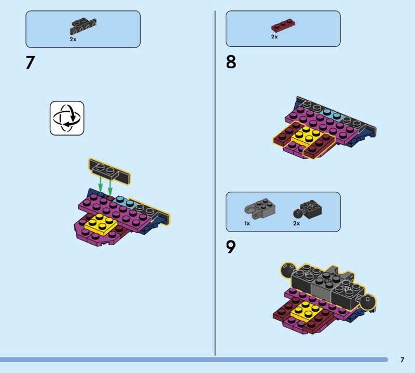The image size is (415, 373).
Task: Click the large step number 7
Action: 30,62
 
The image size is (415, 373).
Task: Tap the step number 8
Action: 231,62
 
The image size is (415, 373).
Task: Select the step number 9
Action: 230,247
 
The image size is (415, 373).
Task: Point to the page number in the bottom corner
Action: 403,359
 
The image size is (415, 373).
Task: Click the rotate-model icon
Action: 67,118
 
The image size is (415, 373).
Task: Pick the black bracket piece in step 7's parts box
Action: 83,26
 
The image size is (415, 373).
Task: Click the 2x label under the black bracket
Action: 73,39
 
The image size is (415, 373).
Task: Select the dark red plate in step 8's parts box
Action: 283,25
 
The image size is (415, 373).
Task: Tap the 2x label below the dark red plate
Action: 274,37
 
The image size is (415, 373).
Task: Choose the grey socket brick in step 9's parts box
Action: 260,209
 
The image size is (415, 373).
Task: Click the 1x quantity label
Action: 247,223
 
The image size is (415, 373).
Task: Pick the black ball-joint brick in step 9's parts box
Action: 308,209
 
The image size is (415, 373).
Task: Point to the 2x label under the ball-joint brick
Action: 296,223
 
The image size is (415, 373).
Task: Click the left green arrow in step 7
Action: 100,184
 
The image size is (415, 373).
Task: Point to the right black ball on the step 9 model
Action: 368,302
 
